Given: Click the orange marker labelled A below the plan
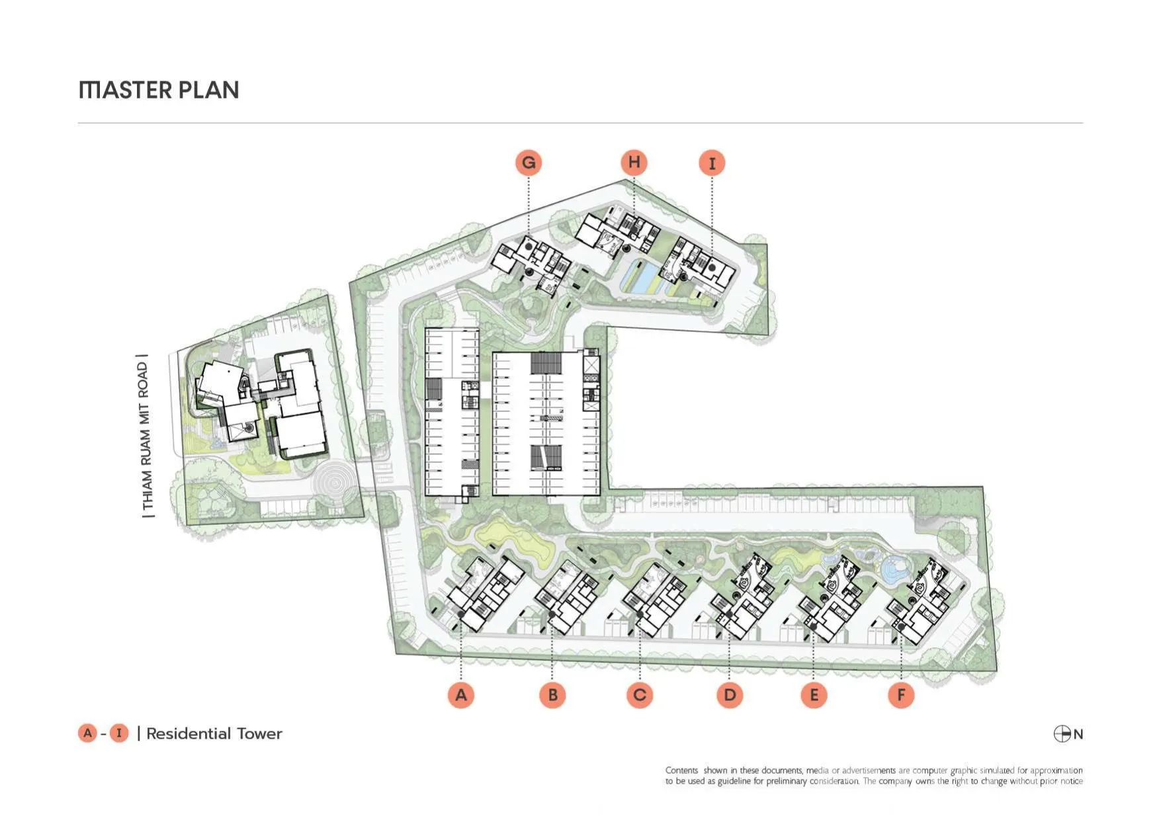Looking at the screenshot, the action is (x=461, y=695).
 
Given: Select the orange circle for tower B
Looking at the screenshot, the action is (x=552, y=695).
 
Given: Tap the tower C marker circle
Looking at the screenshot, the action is (x=640, y=695).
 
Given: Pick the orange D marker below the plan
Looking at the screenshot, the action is (x=730, y=695).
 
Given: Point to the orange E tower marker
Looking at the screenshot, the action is (x=814, y=695).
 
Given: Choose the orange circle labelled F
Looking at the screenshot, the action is (x=901, y=695).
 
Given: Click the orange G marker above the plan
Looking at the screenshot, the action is (x=529, y=163).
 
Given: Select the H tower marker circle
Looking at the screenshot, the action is (x=634, y=162).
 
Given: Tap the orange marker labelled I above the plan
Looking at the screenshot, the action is (x=712, y=163).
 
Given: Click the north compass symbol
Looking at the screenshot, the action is (x=1062, y=734).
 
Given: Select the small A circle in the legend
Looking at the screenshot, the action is (x=87, y=733).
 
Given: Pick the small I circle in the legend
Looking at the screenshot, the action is (x=119, y=733).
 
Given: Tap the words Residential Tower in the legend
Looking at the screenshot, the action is (x=214, y=733).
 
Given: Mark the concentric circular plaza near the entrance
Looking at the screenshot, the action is (x=335, y=483).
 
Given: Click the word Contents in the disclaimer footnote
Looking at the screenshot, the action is (x=681, y=770).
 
